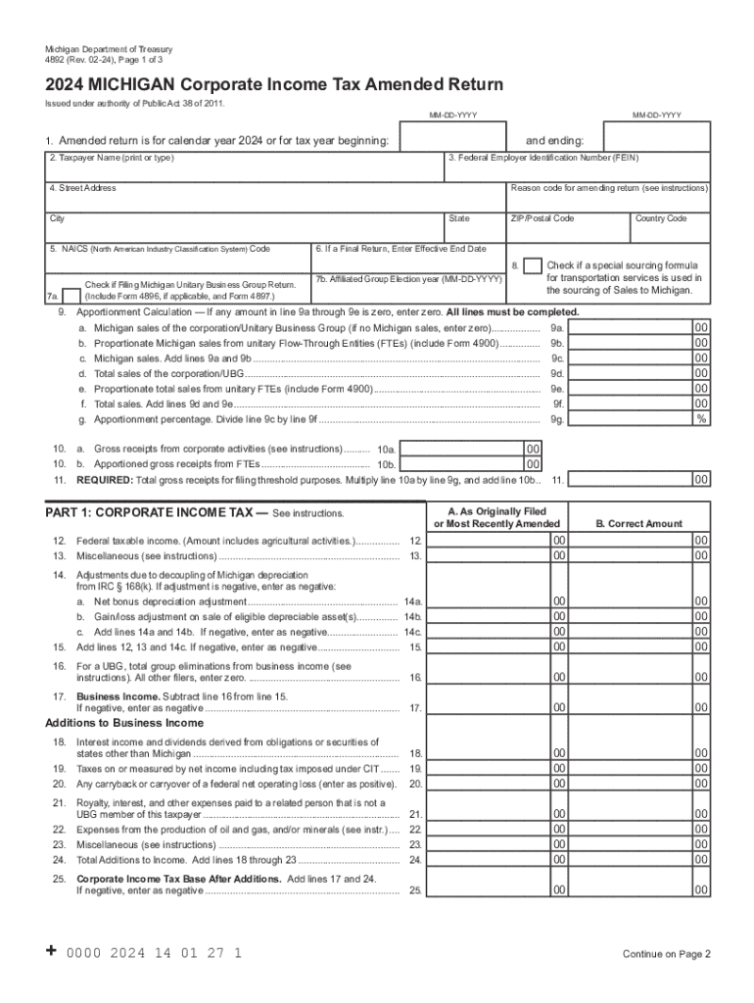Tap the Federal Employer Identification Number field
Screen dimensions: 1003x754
point(578,167)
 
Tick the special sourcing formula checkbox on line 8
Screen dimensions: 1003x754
point(533,266)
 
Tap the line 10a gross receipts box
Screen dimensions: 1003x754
point(462,449)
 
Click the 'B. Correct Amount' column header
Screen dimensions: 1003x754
point(638,524)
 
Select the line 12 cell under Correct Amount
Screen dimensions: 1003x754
point(638,540)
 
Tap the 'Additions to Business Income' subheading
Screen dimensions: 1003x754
point(124,724)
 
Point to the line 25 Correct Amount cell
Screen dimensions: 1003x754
point(638,890)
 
